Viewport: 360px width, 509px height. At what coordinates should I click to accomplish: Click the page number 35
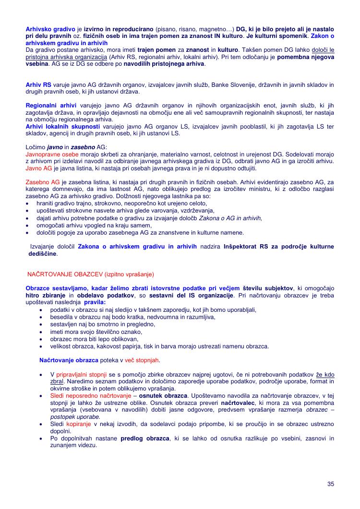click(x=330, y=484)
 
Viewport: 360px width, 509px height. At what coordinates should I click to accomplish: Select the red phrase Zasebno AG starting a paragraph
click(x=42, y=182)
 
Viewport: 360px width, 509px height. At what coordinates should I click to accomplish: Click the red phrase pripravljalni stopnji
click(x=82, y=375)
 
